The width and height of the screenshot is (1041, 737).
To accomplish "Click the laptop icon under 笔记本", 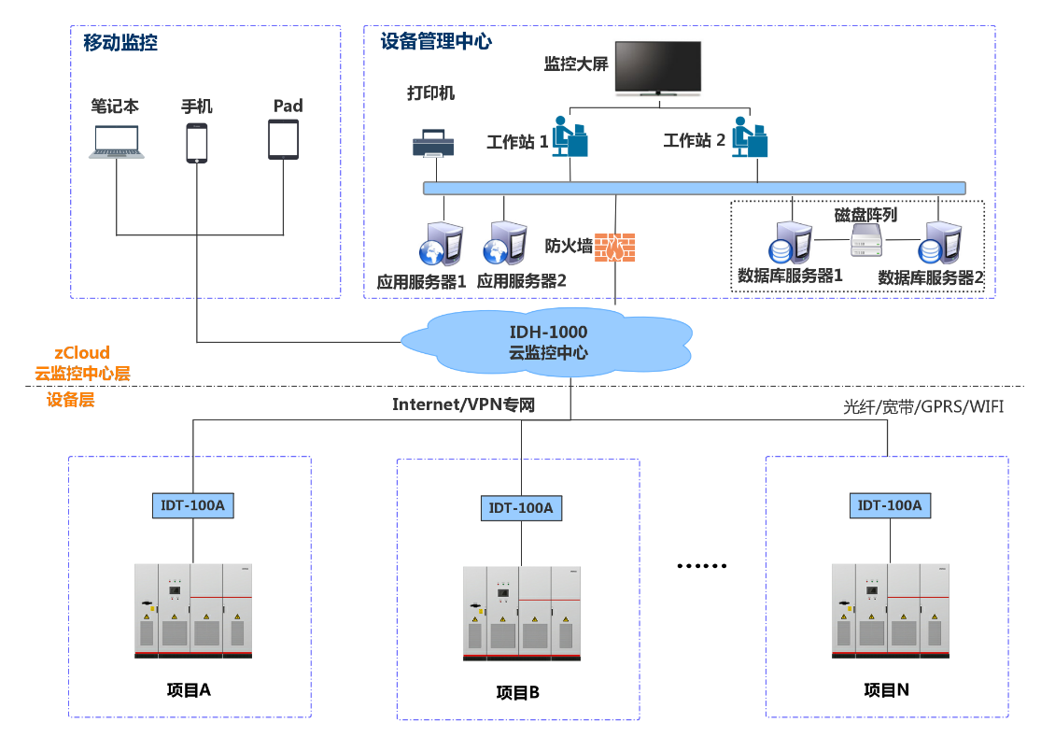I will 117,142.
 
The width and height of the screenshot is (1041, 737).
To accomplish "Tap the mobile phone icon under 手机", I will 196,143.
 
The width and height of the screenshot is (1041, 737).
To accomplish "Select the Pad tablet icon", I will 284,140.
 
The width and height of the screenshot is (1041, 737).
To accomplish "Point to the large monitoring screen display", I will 658,68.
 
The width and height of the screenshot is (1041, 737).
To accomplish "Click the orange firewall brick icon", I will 615,248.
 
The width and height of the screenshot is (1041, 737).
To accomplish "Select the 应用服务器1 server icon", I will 439,244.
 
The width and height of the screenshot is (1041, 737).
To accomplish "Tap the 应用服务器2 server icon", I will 504,244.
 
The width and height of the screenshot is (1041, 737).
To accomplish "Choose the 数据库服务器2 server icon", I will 939,243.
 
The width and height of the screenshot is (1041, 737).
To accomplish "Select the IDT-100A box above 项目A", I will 192,505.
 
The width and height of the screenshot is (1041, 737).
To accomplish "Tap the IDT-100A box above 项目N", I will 889,505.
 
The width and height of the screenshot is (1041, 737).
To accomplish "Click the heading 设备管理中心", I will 436,41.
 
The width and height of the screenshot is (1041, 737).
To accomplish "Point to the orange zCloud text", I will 82,352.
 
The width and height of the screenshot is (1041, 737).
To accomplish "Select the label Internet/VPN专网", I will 464,404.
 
